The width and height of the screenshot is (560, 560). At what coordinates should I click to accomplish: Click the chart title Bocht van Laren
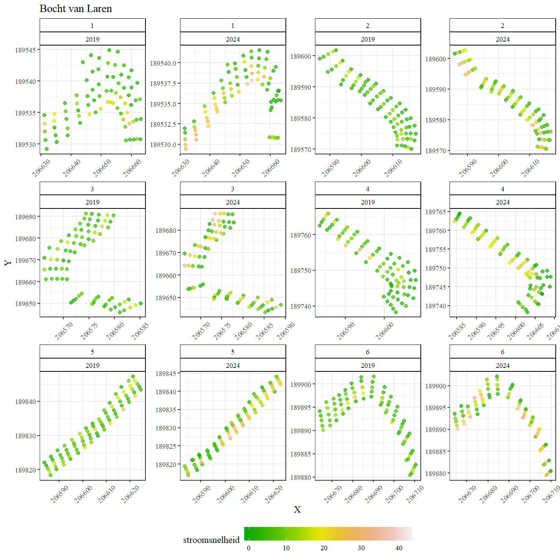click(x=76, y=9)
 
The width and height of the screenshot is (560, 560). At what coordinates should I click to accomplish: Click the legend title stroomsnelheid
click(x=211, y=540)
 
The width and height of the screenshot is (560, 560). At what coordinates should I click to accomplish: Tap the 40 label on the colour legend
click(x=399, y=548)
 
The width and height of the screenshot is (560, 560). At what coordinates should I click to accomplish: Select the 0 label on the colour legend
click(x=249, y=548)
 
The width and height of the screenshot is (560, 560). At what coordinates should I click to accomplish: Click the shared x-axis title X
click(x=297, y=509)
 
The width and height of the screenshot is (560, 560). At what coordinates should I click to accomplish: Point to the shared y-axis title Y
click(x=8, y=263)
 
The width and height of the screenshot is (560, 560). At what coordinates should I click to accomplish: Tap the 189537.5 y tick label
click(x=163, y=84)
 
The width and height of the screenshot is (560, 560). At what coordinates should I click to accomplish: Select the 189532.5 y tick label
click(x=163, y=124)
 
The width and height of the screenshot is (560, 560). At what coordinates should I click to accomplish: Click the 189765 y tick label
click(x=436, y=212)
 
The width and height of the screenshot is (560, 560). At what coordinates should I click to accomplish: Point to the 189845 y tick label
click(x=166, y=374)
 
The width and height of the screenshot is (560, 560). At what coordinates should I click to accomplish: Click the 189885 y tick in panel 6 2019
click(x=301, y=454)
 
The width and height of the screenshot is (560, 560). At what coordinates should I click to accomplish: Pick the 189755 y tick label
click(x=436, y=250)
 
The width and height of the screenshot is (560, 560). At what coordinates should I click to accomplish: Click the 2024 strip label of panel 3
click(x=233, y=202)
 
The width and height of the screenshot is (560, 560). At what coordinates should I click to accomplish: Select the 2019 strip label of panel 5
click(x=92, y=365)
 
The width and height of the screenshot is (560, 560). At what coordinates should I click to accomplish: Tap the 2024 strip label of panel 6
click(x=502, y=365)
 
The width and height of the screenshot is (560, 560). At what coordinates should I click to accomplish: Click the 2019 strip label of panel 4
click(x=367, y=202)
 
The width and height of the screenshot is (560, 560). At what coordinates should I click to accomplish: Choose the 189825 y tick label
click(x=166, y=446)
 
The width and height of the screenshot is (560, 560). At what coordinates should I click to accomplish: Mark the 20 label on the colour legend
click(x=324, y=548)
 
